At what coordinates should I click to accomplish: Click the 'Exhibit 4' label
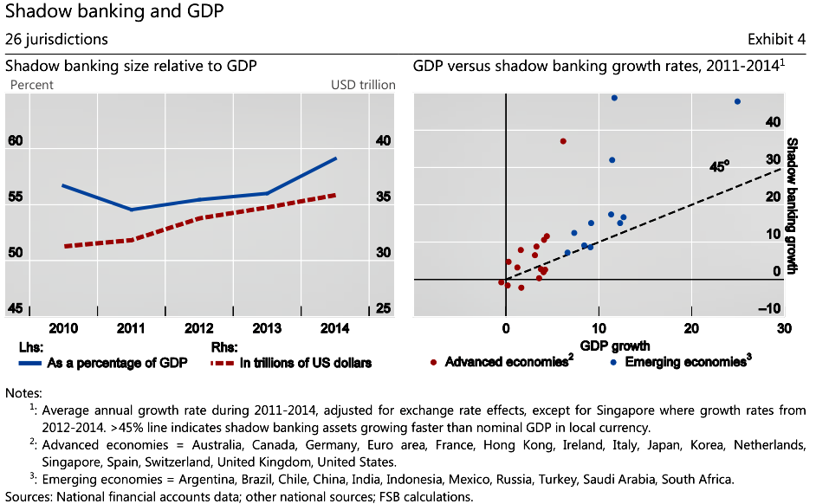click(x=776, y=39)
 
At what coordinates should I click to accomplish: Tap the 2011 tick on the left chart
click(x=131, y=329)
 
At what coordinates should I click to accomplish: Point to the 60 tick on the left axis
click(x=16, y=141)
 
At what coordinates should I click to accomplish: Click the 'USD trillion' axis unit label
click(x=363, y=85)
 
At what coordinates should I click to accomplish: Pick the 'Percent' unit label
click(x=31, y=85)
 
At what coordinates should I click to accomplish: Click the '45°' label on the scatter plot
click(x=720, y=163)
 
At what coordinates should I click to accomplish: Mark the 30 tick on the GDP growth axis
click(x=784, y=329)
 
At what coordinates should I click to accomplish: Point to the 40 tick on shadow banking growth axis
click(x=771, y=122)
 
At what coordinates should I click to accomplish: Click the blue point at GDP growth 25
click(x=737, y=101)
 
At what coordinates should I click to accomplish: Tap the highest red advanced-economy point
click(x=563, y=140)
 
